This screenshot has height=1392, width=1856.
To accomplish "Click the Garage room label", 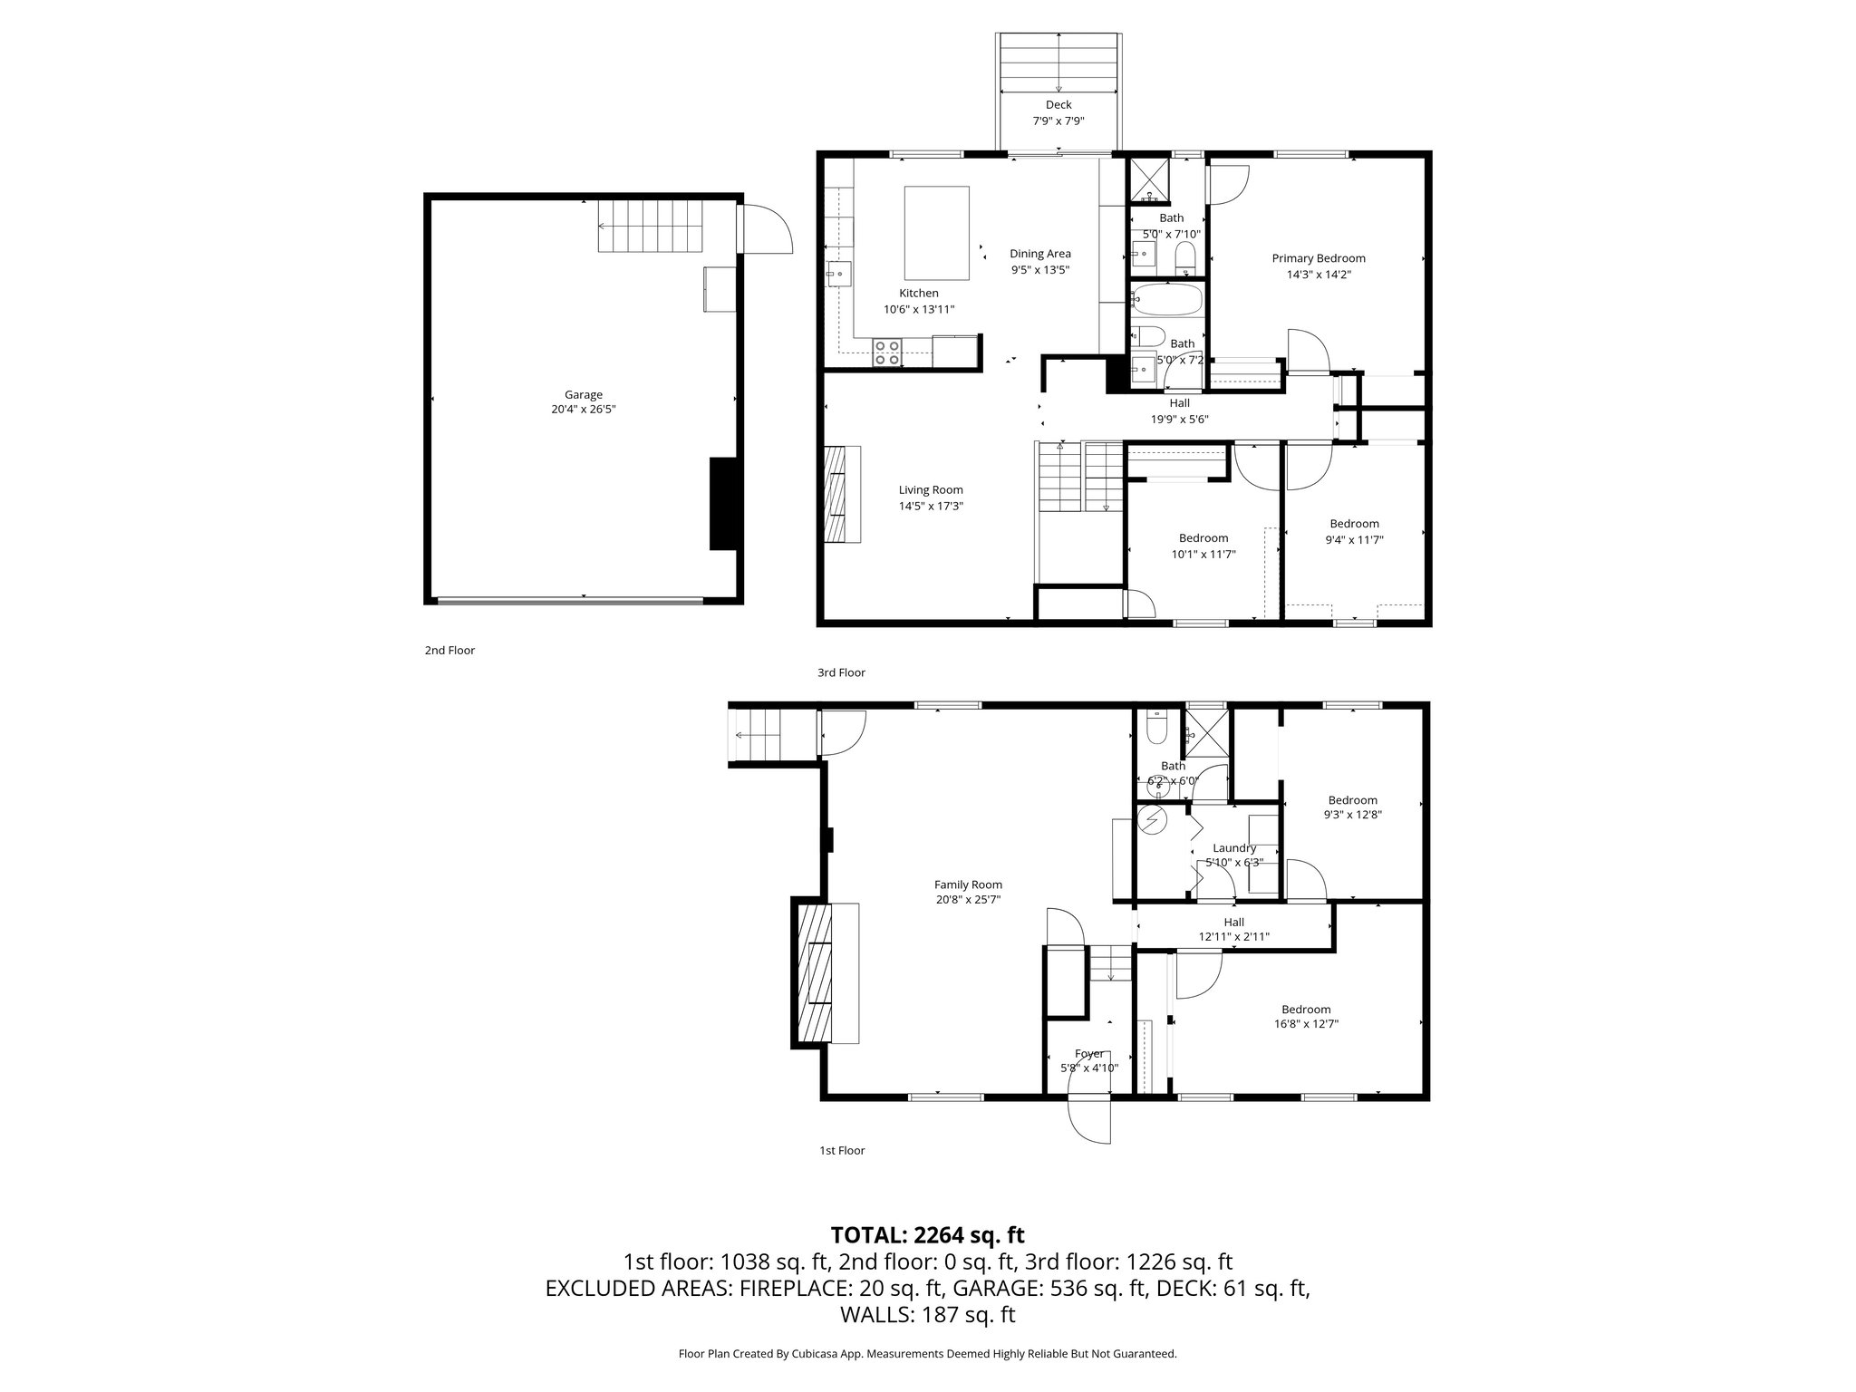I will coord(583,395).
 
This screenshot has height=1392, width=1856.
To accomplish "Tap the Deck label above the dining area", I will coord(1058,105).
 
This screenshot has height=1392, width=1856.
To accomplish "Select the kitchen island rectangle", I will coord(936,233).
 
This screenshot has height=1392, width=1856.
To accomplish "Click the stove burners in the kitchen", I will coord(252,353).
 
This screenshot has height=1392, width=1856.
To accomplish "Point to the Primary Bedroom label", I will coord(1318,258).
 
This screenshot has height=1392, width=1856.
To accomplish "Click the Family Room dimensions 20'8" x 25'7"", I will coord(968,900).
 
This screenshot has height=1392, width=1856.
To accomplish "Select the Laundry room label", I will coord(1233,848).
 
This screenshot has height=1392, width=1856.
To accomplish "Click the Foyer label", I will coord(1088,1054).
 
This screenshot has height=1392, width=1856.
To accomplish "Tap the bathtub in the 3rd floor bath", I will coord(1167,300).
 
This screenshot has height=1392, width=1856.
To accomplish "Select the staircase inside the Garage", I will coord(650,227).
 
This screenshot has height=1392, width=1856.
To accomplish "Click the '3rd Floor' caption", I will coord(841,672).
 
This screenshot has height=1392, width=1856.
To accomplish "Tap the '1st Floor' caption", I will coord(841,1150).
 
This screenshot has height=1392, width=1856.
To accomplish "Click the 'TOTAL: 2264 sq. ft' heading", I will coord(927,1234).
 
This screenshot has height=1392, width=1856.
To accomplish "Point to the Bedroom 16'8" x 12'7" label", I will coord(1305,1010).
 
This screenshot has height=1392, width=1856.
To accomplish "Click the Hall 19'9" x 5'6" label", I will coord(1179,403).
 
